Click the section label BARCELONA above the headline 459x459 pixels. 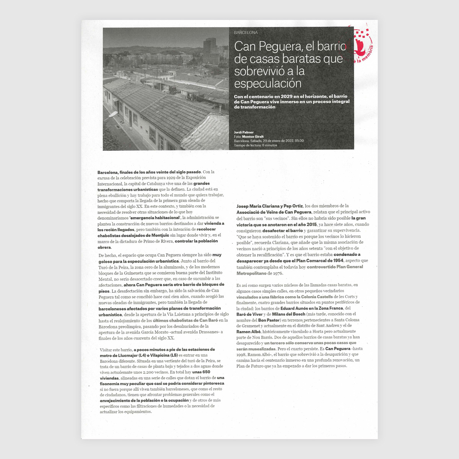coord(246,33)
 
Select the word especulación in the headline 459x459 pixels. coord(268,84)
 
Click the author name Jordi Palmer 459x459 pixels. coord(244,132)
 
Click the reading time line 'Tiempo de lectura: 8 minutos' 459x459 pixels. coord(256,145)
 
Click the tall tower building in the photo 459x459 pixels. coord(210,52)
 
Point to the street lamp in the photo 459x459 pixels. coord(113,114)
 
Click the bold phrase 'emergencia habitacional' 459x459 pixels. coord(155,218)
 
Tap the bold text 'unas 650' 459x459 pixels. coord(201,372)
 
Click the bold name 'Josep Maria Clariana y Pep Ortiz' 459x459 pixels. coord(270,206)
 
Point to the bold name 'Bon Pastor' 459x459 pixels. coord(269,320)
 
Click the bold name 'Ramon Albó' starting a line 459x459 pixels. coord(249,332)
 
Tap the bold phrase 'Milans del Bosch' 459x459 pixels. coord(288,314)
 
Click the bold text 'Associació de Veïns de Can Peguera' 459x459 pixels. coord(274,212)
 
